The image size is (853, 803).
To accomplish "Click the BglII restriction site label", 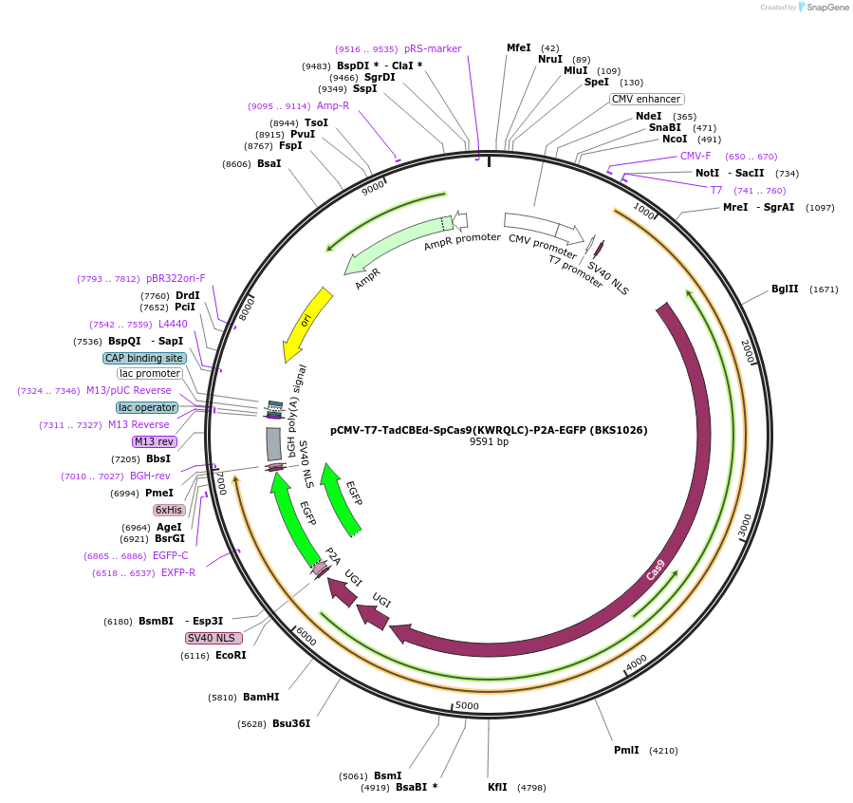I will pyautogui.click(x=785, y=289).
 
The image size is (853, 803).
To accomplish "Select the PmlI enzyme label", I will pyautogui.click(x=626, y=750).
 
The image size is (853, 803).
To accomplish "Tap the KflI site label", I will pyautogui.click(x=497, y=787).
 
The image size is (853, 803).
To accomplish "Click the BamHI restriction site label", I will pyautogui.click(x=261, y=697).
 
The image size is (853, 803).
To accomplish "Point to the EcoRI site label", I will pyautogui.click(x=231, y=655).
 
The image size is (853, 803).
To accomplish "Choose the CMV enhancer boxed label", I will pyautogui.click(x=645, y=99).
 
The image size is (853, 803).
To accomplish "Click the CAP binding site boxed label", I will pyautogui.click(x=144, y=358).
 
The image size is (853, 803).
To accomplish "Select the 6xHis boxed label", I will pyautogui.click(x=169, y=510).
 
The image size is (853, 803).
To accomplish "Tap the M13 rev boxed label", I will pyautogui.click(x=154, y=441).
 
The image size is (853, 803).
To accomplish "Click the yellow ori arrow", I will pyautogui.click(x=306, y=323).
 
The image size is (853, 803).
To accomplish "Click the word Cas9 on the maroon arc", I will pyautogui.click(x=656, y=570).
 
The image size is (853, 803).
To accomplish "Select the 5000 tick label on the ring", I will pyautogui.click(x=467, y=705).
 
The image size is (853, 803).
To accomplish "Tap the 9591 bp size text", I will pyautogui.click(x=489, y=441).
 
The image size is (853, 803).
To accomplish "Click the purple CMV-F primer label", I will pyautogui.click(x=695, y=156).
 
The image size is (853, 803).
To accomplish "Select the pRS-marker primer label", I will pyautogui.click(x=432, y=48).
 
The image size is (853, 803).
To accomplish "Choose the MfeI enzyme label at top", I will pyautogui.click(x=519, y=47).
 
